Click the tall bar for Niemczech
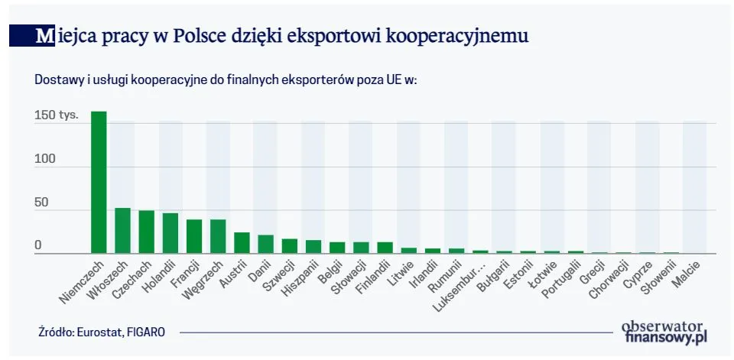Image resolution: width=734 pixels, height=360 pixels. tap(99, 183)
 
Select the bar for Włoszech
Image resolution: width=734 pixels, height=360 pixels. tap(122, 230)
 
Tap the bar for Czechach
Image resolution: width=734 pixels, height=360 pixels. tap(146, 232)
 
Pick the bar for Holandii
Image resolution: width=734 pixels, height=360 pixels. tap(170, 233)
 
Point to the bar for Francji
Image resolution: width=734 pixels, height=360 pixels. tap(194, 236)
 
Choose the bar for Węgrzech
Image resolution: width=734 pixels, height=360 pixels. tap(218, 236)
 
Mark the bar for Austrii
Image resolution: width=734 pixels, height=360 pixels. tap(242, 243)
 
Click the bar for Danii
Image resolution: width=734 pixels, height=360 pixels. tap(265, 244)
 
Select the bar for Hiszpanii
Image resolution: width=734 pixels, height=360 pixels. tap(313, 247)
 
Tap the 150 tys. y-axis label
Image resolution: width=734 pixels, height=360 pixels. tap(56, 117)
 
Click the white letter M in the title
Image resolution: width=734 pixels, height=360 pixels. tap(44, 35)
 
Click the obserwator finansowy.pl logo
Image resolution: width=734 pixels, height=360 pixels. tap(666, 330)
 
